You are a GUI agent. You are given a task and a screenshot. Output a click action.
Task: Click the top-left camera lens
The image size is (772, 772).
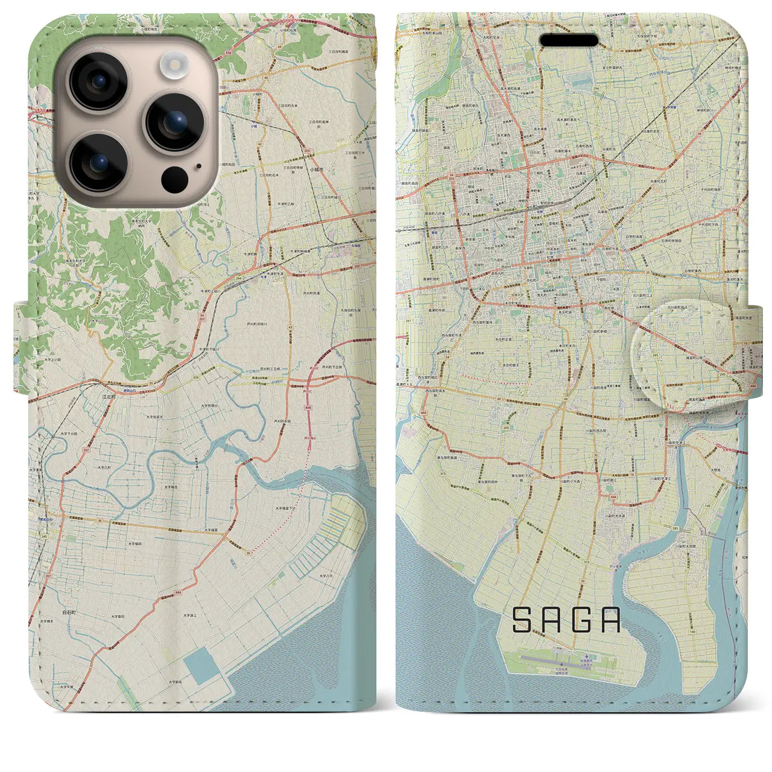pos(98,81)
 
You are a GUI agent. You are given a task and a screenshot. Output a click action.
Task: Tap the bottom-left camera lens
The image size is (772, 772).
pos(98,161)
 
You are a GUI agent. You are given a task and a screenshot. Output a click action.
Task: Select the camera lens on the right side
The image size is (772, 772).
pos(175,121)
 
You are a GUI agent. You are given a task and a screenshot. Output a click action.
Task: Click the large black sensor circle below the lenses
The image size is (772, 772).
pos(175,179)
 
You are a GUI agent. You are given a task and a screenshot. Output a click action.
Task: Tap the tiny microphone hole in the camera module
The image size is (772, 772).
pos(198,166)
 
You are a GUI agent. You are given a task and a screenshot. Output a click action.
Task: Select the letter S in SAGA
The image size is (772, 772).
pos(523,620)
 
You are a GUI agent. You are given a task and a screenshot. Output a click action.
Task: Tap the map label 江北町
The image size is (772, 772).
pos(110,397)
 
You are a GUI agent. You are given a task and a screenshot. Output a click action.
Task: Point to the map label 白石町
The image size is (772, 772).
pos(70,611)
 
